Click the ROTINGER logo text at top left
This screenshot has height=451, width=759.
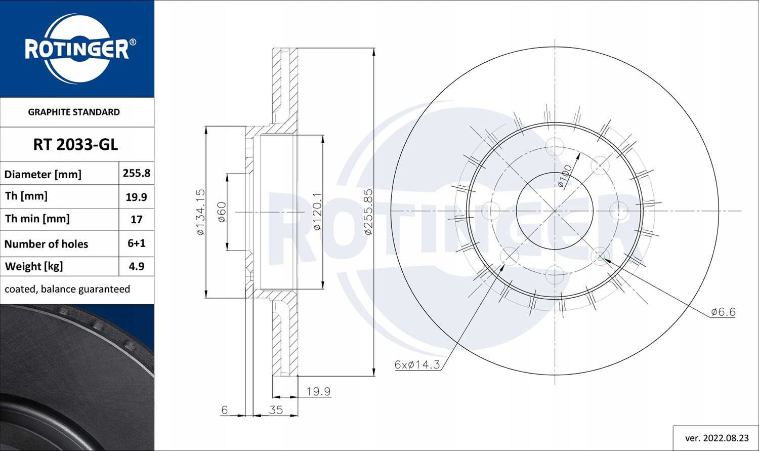click(x=77, y=50)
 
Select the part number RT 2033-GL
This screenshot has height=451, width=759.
click(x=75, y=145)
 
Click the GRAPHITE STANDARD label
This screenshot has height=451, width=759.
click(x=74, y=112)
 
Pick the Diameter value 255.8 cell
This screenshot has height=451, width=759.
click(x=136, y=173)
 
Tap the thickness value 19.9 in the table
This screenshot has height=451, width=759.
click(x=136, y=197)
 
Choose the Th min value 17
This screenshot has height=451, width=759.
click(x=136, y=220)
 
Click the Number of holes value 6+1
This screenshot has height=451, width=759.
click(x=136, y=243)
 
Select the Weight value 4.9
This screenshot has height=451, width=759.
click(x=136, y=266)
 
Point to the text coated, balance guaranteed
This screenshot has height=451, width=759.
click(x=67, y=289)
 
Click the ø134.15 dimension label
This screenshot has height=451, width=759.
click(x=200, y=212)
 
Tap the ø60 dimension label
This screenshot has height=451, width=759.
click(x=222, y=212)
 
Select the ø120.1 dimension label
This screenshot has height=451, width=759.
click(x=317, y=212)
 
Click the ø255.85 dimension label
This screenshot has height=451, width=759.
click(x=368, y=212)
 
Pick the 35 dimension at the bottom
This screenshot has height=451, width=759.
click(x=276, y=409)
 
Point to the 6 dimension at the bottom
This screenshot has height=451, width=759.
click(x=225, y=409)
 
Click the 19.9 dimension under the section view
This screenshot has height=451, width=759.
click(x=318, y=391)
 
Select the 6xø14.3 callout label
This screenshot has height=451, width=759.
click(x=417, y=364)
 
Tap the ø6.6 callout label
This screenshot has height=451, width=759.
click(x=723, y=312)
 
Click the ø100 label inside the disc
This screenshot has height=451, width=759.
click(x=565, y=176)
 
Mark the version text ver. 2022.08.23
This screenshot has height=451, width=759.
click(x=716, y=438)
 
